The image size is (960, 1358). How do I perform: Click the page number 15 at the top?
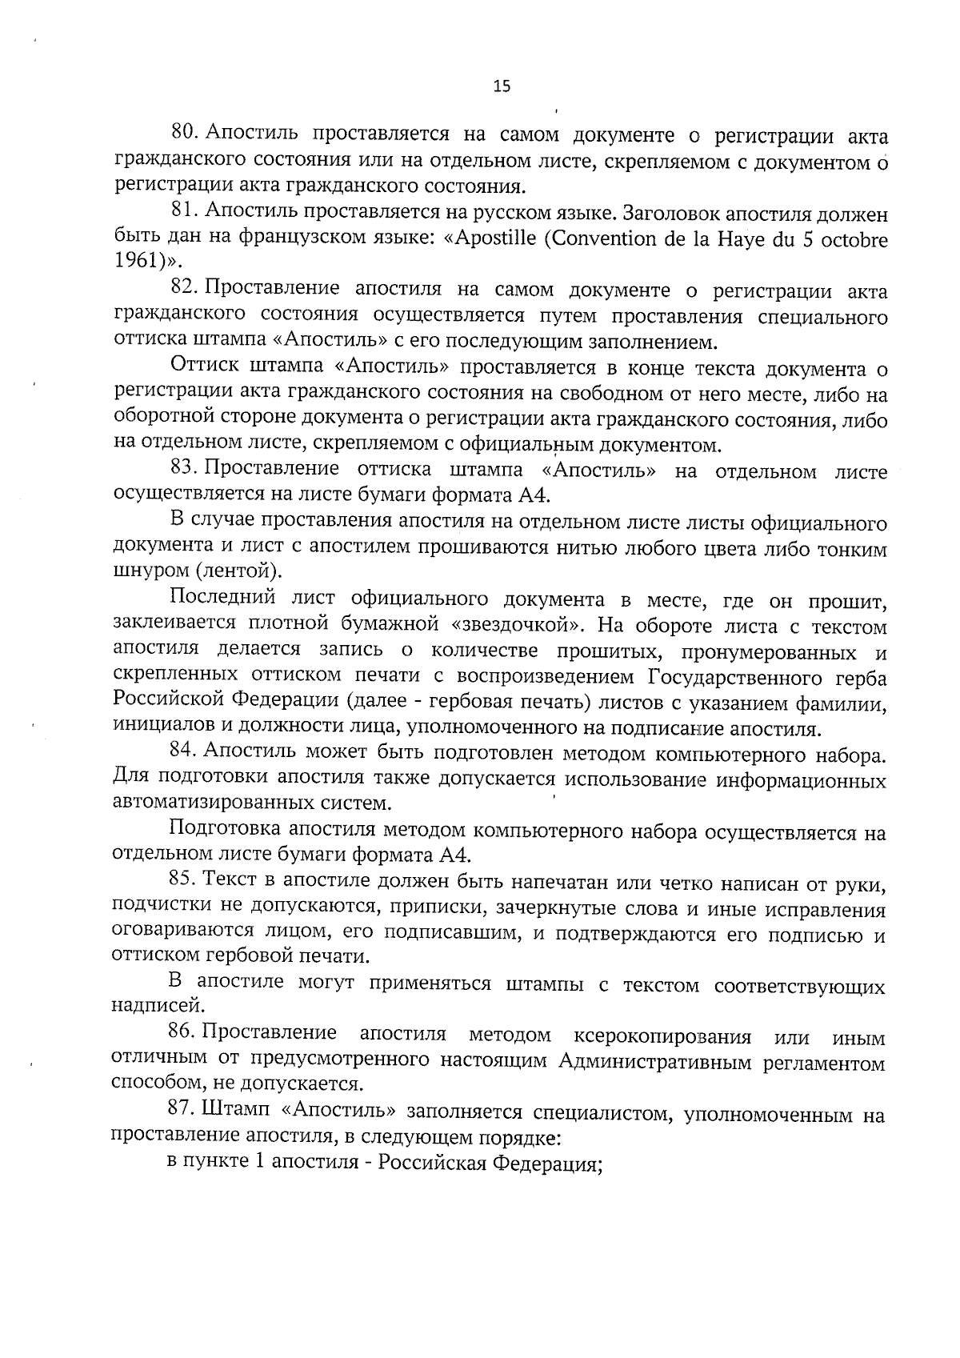(x=502, y=87)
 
